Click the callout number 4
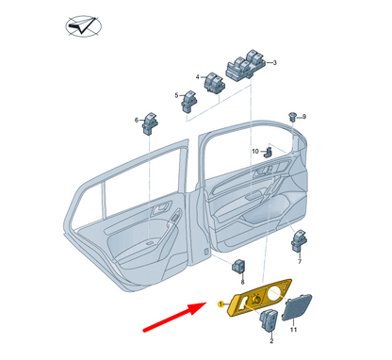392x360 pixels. [x=199, y=76]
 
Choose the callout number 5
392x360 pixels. [x=176, y=94]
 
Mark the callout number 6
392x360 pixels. [x=138, y=120]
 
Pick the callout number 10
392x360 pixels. [x=254, y=151]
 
